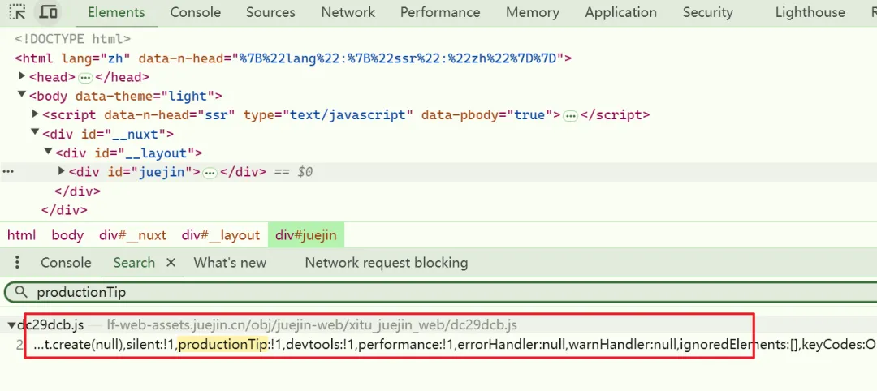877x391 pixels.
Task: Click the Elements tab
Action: pos(116,12)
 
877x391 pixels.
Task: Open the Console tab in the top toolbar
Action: pos(195,12)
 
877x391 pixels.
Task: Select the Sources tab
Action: pos(270,12)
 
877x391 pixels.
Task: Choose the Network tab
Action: pos(348,12)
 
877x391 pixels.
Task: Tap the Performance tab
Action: pos(440,12)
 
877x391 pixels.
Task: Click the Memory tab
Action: pos(533,12)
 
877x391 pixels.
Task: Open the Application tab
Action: pos(621,12)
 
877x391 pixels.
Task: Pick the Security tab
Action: pos(707,12)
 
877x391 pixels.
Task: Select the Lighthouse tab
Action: pos(810,12)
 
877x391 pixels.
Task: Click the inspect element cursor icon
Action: pos(17,11)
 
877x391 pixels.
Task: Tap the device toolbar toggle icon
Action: pos(49,11)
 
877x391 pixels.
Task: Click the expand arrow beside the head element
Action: pos(23,76)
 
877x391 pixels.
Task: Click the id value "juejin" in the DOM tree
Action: pos(162,172)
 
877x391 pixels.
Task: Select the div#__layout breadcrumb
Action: pos(220,235)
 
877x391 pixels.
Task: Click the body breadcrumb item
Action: pos(67,235)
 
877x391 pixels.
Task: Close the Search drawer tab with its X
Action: pos(171,263)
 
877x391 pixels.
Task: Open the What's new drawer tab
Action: pos(230,263)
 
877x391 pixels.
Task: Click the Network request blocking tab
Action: pos(386,263)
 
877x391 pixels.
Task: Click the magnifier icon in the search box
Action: pos(21,291)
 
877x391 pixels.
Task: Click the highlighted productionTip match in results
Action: pos(222,345)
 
